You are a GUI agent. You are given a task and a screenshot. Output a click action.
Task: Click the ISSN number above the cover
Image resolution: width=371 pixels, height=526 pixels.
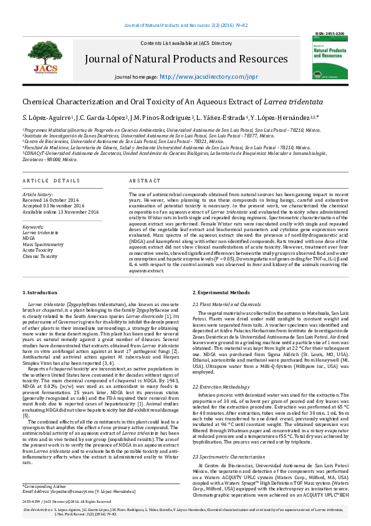click(329, 33)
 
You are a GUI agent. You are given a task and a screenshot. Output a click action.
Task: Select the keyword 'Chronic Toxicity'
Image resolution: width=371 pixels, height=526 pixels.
click(41, 256)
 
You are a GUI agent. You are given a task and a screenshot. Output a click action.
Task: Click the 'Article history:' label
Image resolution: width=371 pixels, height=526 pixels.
click(38, 194)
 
